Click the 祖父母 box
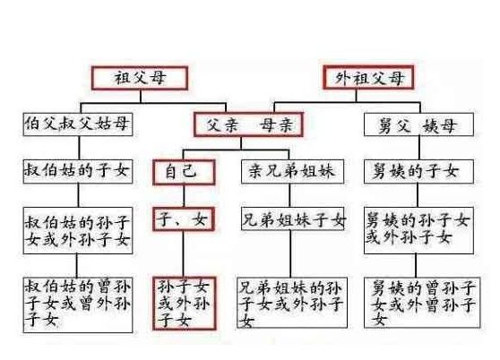[140, 78]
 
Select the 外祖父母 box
[368, 77]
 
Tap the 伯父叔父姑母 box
[78, 124]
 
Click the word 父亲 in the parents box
[222, 124]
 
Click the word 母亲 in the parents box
[276, 124]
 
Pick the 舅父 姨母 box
[418, 124]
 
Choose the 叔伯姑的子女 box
[78, 172]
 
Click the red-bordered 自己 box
[184, 172]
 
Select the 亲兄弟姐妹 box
[292, 172]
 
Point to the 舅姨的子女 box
[418, 172]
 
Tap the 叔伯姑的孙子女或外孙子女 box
[78, 231]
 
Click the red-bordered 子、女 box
[184, 219]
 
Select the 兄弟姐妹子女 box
[293, 219]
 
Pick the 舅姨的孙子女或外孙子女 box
[418, 230]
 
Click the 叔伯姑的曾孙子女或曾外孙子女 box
[78, 305]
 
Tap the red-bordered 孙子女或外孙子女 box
[185, 304]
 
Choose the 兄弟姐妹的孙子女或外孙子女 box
[292, 303]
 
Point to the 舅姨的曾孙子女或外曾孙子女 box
[422, 303]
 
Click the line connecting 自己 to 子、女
[184, 196]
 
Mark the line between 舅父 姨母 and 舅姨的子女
[419, 148]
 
